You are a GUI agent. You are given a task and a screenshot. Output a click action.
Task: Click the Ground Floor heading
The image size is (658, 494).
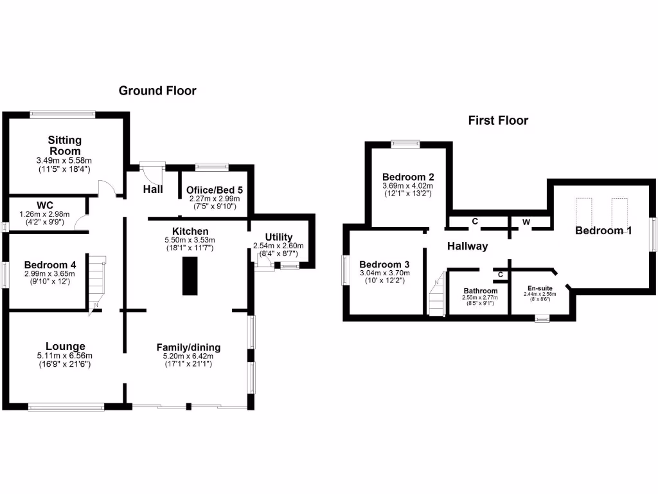(157, 91)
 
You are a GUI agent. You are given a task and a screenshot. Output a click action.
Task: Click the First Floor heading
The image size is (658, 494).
(498, 120)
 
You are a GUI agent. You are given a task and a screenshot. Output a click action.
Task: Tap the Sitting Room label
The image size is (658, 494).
(65, 145)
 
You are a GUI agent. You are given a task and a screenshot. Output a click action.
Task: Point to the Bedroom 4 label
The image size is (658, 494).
(50, 264)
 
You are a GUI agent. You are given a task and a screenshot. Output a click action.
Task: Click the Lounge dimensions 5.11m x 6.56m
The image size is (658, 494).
(65, 356)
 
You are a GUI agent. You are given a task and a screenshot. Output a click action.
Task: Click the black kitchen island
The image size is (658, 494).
(190, 275)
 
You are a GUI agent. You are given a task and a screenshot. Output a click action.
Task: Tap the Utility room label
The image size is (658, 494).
(278, 237)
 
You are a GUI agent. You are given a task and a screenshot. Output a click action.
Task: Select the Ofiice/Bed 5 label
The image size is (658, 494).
(214, 190)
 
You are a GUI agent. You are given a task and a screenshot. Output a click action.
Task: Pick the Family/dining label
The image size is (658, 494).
(188, 347)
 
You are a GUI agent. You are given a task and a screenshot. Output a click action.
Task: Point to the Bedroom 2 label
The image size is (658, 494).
(408, 177)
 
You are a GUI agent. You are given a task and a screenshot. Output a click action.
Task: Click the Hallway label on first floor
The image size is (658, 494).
(467, 246)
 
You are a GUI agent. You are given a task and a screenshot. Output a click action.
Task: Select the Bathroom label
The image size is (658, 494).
(481, 291)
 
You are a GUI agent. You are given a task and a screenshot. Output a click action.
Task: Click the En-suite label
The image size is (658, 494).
(540, 288)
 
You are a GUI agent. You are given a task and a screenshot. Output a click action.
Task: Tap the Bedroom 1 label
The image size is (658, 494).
(603, 230)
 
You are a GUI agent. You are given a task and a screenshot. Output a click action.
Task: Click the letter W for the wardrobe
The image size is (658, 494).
(526, 222)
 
